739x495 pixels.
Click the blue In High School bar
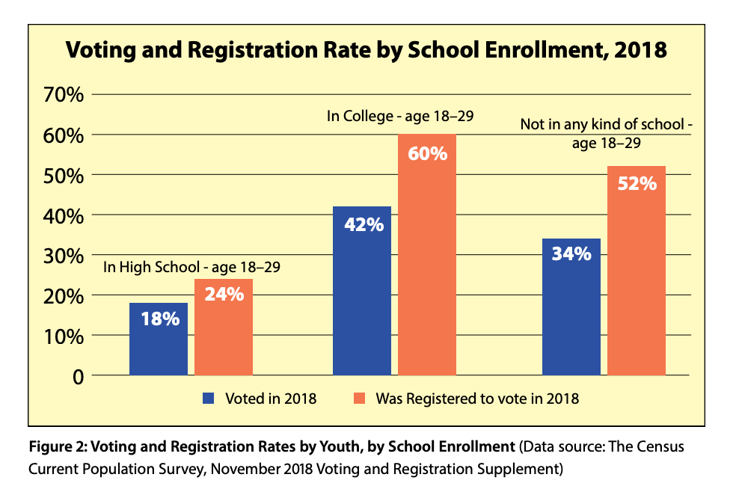(x=159, y=339)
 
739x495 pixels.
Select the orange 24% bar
(x=224, y=327)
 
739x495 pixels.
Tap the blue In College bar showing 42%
(x=362, y=291)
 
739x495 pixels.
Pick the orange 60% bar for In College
(x=427, y=255)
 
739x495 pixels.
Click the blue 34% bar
(x=571, y=307)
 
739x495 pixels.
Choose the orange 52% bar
(x=637, y=271)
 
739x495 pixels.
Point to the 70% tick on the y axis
(x=64, y=95)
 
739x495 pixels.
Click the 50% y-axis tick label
(x=64, y=176)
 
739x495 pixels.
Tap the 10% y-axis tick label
(x=64, y=336)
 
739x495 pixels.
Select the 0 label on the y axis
(x=79, y=378)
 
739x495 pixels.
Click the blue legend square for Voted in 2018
(x=209, y=399)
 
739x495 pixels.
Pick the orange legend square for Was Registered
(x=359, y=399)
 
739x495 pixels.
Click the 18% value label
(x=160, y=319)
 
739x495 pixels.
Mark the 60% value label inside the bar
(x=428, y=153)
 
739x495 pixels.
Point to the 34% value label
(x=571, y=254)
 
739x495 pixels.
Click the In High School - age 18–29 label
(x=191, y=267)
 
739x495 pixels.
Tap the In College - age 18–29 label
(x=400, y=116)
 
